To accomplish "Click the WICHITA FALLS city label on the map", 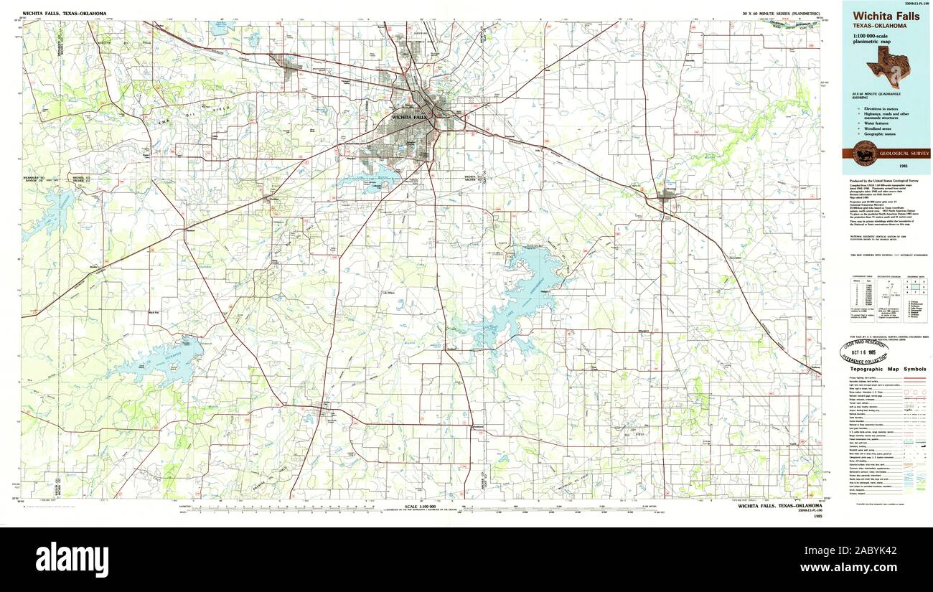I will [409, 116].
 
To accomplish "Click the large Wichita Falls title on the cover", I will [886, 17].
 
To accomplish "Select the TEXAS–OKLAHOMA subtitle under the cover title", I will [879, 26].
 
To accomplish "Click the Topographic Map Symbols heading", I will [888, 369].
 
